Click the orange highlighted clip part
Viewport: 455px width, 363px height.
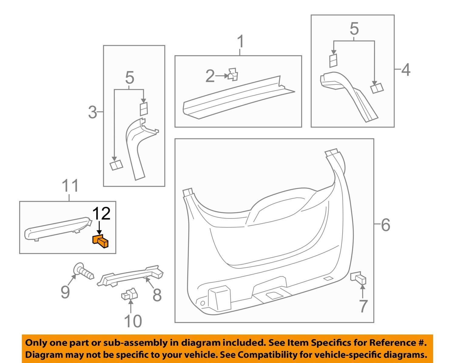click(x=100, y=241)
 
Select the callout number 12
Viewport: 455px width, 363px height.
click(x=101, y=214)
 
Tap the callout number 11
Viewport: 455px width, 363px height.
click(x=70, y=186)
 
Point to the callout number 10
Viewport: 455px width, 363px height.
click(x=133, y=321)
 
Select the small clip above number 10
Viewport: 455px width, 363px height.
click(x=130, y=294)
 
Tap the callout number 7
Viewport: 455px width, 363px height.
click(x=363, y=306)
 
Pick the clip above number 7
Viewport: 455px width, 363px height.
click(x=359, y=278)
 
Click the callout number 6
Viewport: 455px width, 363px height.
click(x=386, y=225)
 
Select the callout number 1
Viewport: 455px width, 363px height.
click(x=240, y=42)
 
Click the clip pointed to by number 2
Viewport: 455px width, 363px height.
click(x=233, y=74)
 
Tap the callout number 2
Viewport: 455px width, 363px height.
click(x=210, y=76)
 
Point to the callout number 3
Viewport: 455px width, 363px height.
click(x=93, y=113)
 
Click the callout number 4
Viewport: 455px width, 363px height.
click(x=406, y=70)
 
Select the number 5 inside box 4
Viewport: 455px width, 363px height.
click(x=354, y=29)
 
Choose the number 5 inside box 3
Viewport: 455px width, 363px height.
click(x=130, y=78)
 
